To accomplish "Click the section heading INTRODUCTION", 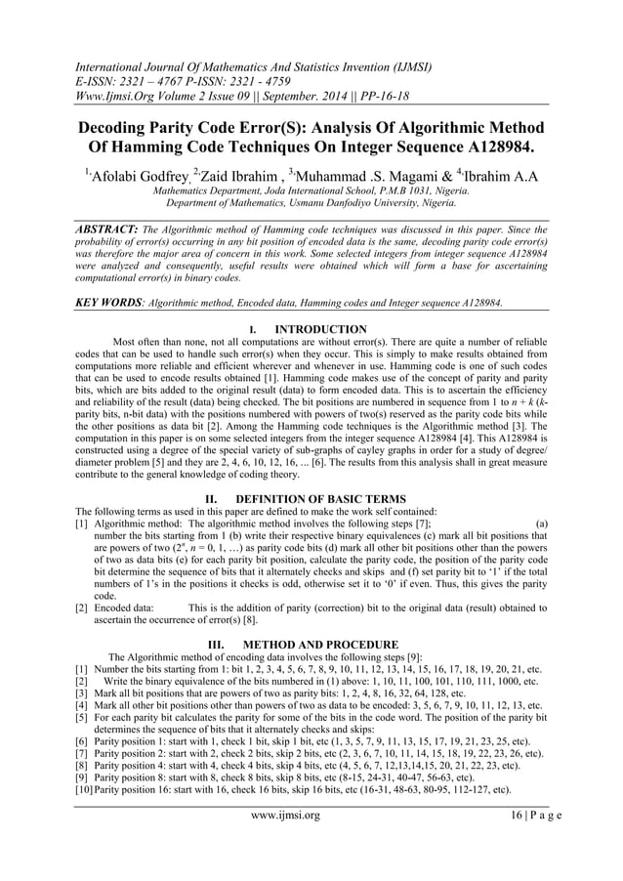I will (x=321, y=329).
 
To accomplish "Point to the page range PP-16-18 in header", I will (x=387, y=98).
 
